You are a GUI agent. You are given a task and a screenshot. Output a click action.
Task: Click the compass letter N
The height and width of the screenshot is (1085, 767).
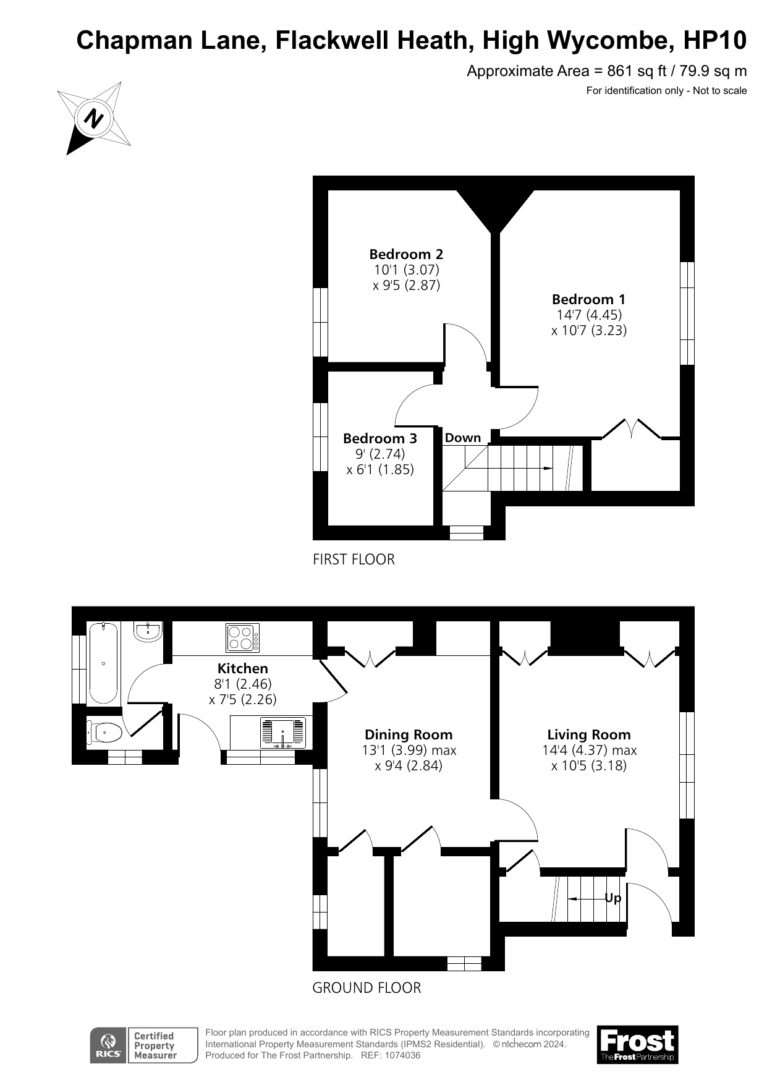pos(95,117)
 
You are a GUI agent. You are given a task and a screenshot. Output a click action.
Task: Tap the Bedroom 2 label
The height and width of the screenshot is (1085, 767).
pos(406,254)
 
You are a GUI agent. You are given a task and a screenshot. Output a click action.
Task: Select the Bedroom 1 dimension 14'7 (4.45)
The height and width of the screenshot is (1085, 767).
pos(588,315)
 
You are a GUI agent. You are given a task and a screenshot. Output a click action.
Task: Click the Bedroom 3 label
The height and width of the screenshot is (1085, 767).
pos(379,438)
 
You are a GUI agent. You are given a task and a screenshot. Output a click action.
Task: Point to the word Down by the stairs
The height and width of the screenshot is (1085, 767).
pos(462,438)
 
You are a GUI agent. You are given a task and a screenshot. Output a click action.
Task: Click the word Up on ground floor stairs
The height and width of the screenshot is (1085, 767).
pos(612,898)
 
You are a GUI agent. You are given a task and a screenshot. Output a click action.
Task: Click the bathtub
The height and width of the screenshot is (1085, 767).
pos(104,663)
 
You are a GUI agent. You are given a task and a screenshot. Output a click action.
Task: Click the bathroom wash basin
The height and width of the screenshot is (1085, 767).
pos(148,631)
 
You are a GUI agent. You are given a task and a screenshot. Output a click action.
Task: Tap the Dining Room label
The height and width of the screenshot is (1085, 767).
pos(409,734)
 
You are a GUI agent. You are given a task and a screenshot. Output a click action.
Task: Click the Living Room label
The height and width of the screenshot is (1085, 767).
pos(588,734)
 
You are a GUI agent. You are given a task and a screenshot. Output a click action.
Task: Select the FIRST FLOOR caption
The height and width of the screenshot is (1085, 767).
pos(354,560)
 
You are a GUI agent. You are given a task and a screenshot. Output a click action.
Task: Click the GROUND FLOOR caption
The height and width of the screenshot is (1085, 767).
pos(367,988)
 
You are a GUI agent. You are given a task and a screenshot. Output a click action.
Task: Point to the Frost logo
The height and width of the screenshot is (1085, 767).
pos(637,1044)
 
